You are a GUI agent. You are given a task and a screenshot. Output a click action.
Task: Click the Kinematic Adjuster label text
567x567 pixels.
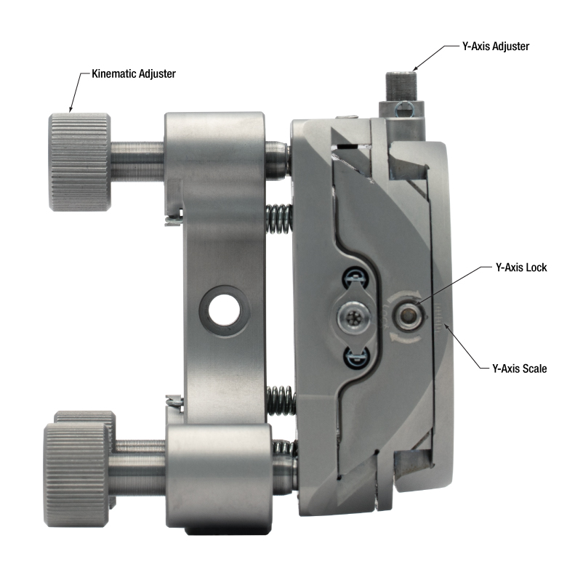[134, 73]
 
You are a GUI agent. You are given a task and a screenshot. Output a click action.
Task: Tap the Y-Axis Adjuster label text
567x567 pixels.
[496, 47]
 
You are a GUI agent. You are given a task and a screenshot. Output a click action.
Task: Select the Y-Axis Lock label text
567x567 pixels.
[521, 268]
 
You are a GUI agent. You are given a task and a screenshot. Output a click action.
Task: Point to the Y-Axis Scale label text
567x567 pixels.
[519, 369]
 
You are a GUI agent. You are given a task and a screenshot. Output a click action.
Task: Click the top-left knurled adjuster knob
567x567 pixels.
[80, 161]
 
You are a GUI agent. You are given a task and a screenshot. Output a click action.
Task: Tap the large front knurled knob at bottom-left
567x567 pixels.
[76, 475]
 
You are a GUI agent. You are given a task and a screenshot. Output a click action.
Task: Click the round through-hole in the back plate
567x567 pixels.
[224, 310]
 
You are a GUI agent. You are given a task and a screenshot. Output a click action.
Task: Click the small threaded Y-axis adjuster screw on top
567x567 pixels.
[401, 87]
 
